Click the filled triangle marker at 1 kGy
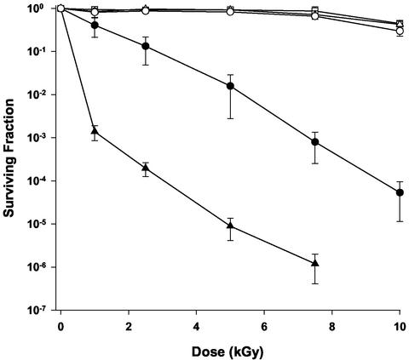(95, 132)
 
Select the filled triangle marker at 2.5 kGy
(146, 168)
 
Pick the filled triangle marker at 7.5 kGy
(315, 263)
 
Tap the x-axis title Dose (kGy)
(230, 350)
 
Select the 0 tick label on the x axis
(61, 327)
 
